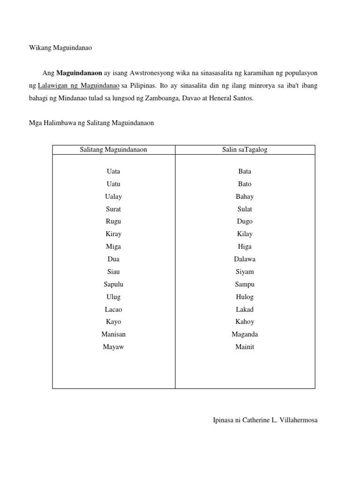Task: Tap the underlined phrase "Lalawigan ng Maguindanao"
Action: coord(78,86)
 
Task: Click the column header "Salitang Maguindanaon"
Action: coord(113,150)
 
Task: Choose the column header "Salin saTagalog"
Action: coord(245,150)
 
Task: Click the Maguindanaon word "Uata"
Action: coord(113,172)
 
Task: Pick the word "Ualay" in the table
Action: coord(113,196)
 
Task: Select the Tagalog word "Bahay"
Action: coord(245,196)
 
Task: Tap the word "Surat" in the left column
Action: coord(113,209)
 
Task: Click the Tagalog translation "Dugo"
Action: coord(245,221)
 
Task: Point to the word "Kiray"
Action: coord(113,234)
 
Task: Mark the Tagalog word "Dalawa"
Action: coord(245,259)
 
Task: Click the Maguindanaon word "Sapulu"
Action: coord(113,284)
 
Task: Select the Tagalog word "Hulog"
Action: coord(245,297)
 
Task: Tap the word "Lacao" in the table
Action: coord(113,309)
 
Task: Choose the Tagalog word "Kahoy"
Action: coord(245,322)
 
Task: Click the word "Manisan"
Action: coord(113,334)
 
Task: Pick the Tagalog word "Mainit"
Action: coord(245,347)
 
